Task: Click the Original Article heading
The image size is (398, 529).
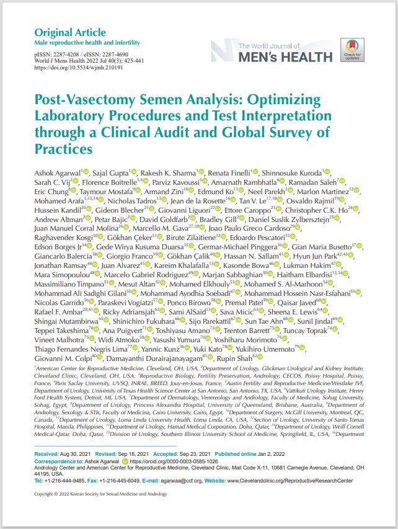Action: coord(69,32)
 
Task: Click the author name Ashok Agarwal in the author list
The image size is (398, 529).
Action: coord(53,171)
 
